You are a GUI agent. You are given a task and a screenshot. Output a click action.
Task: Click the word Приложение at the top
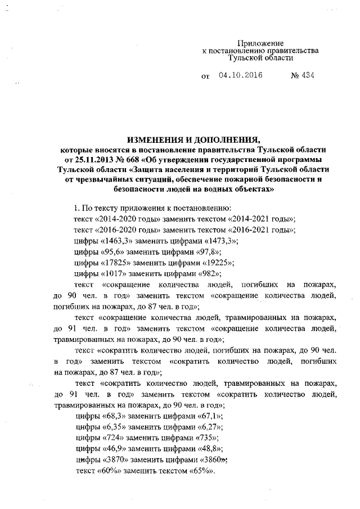(260, 43)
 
